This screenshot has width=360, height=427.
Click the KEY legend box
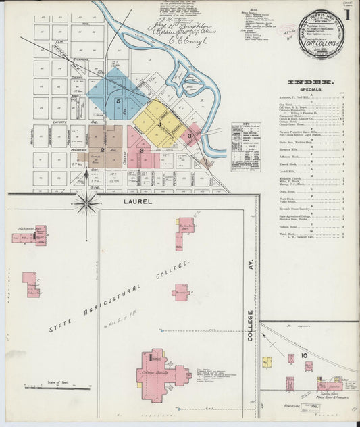245,146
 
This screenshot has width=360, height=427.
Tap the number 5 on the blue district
118,101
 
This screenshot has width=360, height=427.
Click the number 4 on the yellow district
159,126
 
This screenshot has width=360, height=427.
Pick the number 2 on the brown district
102,150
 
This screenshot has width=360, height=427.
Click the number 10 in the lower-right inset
304,355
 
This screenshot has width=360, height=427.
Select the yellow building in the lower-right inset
267,361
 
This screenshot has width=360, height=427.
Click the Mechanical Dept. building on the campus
32,235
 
